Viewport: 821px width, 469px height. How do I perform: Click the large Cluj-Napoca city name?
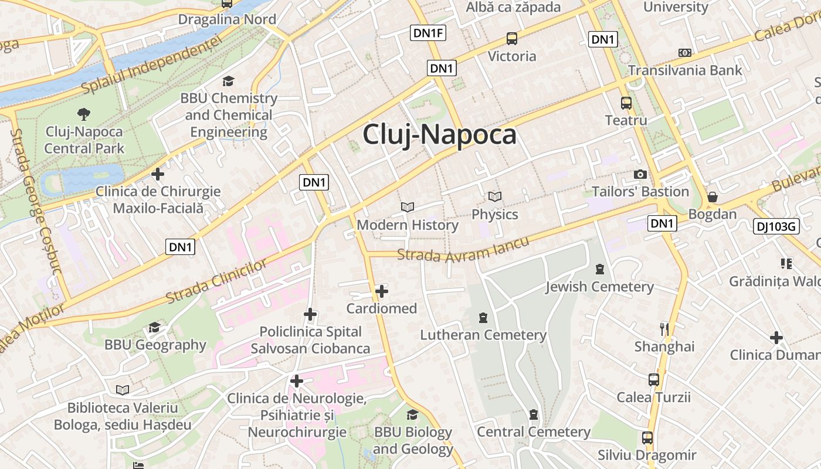coord(439,134)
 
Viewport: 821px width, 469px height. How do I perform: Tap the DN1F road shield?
coord(428,33)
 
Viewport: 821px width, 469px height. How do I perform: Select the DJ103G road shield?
coord(776,226)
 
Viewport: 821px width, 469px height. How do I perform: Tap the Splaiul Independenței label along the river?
coord(152,64)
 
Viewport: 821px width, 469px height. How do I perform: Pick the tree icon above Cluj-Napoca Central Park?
coord(84,114)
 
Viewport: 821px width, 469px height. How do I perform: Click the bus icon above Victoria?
coord(512,39)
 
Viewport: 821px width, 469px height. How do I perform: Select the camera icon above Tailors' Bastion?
coord(640,174)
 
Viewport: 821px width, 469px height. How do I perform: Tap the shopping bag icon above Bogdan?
coord(712,196)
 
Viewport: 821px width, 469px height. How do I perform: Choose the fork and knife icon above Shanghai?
coord(664,329)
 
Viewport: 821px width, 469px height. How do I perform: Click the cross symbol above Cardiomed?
coord(382,291)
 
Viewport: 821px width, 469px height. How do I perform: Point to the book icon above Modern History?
coord(408,207)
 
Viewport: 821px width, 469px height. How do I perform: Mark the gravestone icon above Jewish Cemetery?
coord(599,269)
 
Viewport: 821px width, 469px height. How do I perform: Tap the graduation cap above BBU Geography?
coord(155,327)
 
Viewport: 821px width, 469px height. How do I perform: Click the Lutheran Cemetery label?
coord(483,335)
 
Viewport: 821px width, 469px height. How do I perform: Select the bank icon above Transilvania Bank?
coord(685,53)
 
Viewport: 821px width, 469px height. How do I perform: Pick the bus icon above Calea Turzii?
coord(654,380)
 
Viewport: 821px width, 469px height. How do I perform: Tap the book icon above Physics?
coord(495,196)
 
